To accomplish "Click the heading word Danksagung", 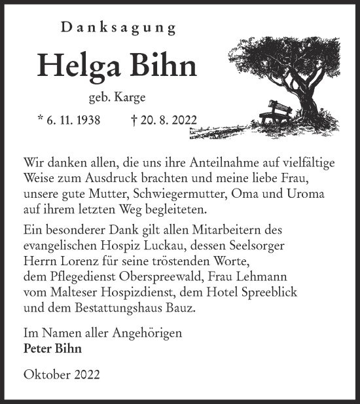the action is coord(118,28).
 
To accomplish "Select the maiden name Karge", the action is coord(128,98).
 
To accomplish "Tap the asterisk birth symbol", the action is coord(42,119).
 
